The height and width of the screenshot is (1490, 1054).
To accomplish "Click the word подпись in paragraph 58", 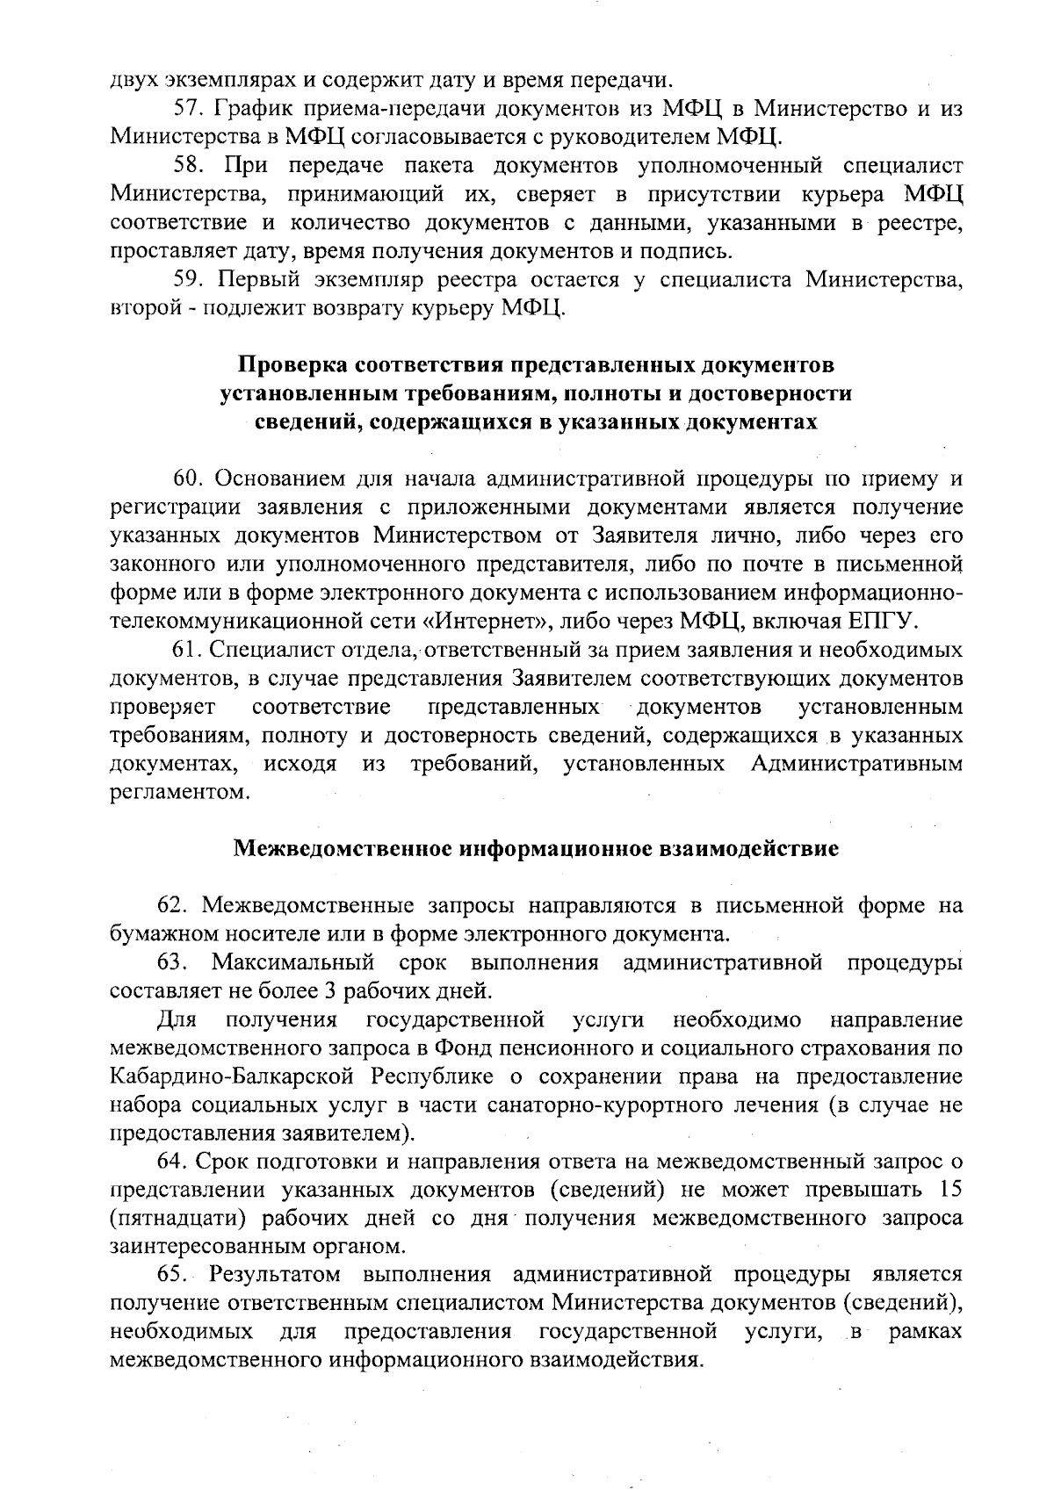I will (692, 253).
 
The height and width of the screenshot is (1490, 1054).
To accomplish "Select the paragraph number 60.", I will (187, 479).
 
